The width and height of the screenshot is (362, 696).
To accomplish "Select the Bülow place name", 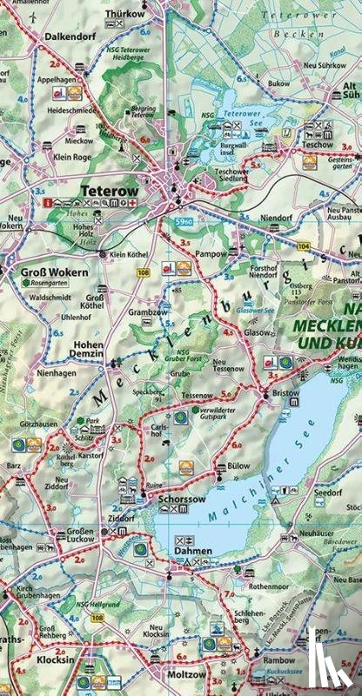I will click(238, 466).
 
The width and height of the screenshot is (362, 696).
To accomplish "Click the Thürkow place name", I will click(125, 14).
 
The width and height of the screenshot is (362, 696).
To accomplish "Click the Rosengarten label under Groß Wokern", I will click(51, 283).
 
